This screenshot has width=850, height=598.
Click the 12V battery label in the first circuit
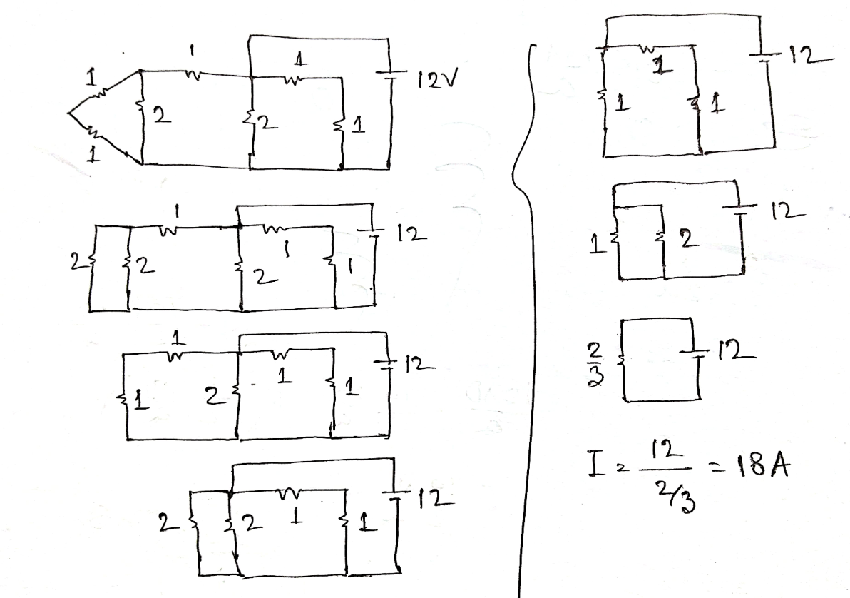[x=437, y=81]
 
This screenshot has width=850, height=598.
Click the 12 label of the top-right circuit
[x=806, y=54]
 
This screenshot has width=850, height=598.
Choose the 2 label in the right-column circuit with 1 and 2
[x=687, y=240]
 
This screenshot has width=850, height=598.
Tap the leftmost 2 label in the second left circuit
[x=75, y=263]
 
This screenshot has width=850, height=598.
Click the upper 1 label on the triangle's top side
[x=91, y=78]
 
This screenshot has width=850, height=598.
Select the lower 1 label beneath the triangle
[x=94, y=155]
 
